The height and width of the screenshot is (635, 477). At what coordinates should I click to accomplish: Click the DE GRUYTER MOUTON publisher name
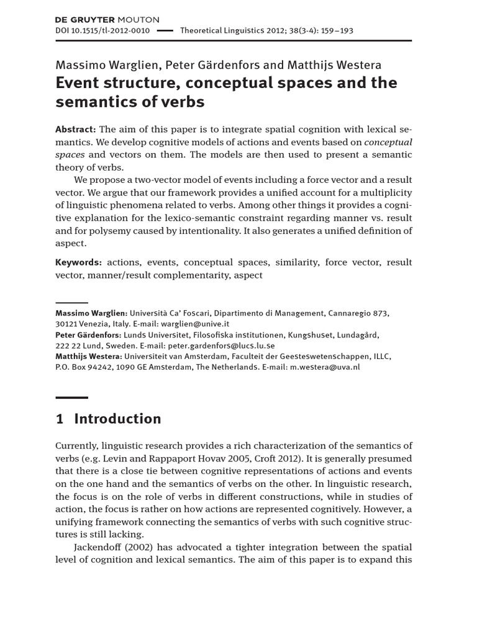[107, 19]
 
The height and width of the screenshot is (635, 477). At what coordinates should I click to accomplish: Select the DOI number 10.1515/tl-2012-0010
[102, 30]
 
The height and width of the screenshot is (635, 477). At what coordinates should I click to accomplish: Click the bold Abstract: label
[76, 128]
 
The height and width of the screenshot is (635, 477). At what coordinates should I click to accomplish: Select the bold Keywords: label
[79, 262]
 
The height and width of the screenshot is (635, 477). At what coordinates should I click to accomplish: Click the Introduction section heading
[117, 419]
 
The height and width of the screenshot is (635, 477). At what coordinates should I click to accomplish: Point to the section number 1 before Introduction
[60, 419]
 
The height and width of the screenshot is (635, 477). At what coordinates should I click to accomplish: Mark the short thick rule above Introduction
[71, 397]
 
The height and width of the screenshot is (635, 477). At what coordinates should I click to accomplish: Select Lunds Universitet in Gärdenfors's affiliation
[169, 335]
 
